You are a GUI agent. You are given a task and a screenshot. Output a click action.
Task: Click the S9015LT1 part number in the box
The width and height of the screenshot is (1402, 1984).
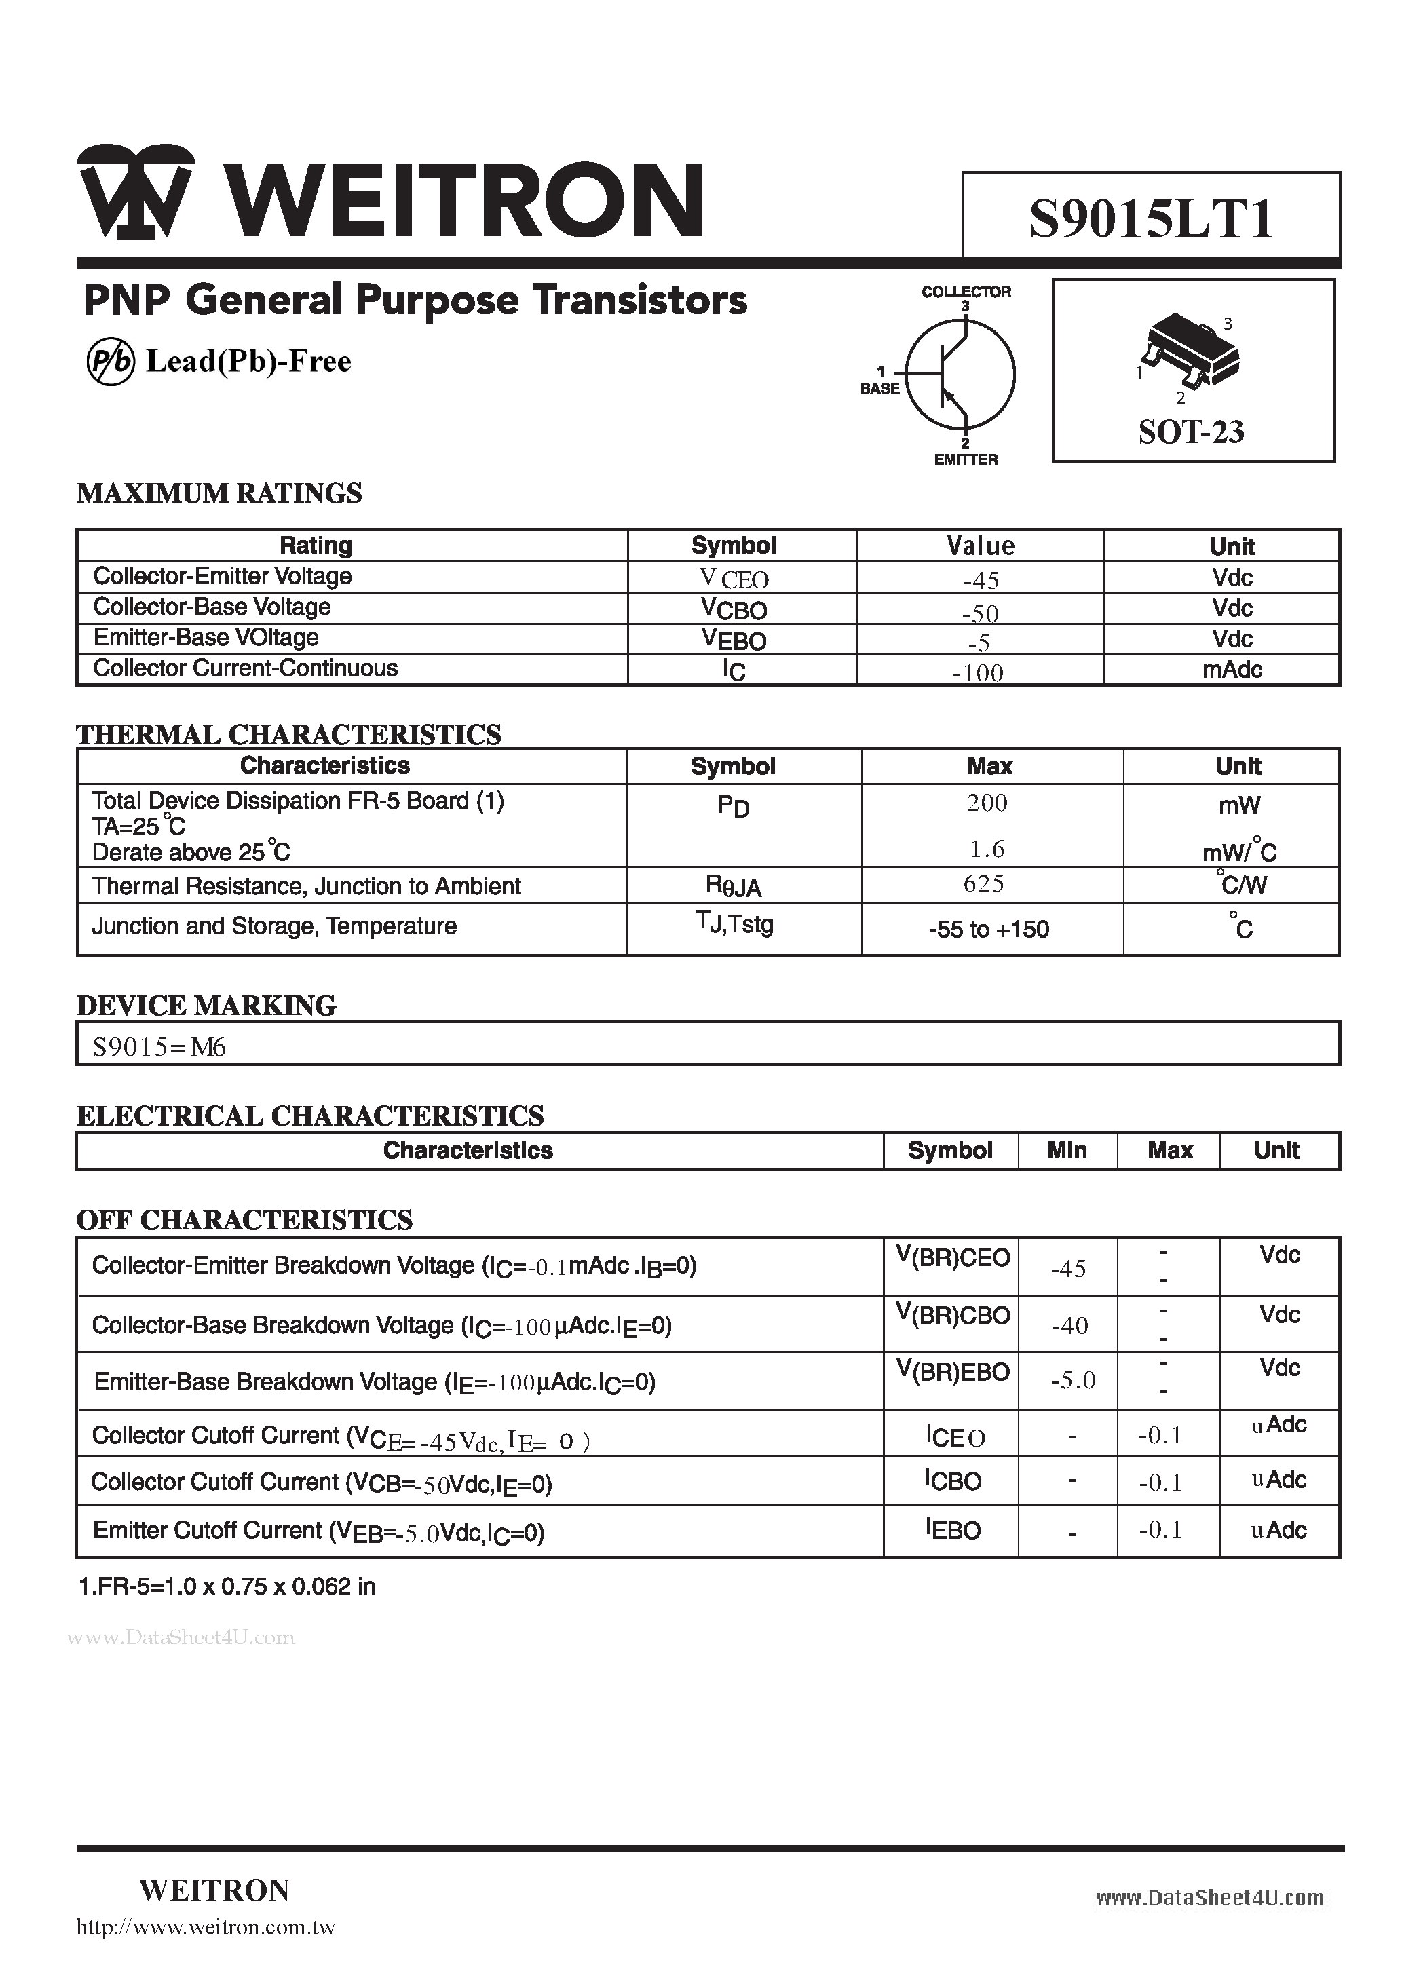click(1150, 218)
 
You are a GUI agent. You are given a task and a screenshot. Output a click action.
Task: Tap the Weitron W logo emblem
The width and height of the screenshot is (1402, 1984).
click(135, 192)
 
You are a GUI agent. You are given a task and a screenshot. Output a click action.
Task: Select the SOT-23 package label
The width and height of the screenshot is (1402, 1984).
click(1191, 431)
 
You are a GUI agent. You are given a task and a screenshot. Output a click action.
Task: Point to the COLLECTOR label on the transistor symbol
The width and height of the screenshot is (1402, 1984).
click(966, 292)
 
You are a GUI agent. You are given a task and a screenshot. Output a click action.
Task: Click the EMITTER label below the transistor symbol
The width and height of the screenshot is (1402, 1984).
click(966, 460)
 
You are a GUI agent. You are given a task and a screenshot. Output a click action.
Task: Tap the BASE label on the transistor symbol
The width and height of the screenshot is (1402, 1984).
click(880, 389)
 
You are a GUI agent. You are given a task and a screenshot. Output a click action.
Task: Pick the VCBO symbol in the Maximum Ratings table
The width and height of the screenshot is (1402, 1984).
click(734, 609)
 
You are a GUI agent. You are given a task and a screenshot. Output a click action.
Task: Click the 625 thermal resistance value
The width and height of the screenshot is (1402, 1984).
click(984, 883)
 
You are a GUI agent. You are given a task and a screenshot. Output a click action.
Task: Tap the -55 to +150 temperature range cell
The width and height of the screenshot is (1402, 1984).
click(989, 930)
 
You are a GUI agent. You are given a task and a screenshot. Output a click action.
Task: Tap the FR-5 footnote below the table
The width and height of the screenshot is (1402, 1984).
click(227, 1586)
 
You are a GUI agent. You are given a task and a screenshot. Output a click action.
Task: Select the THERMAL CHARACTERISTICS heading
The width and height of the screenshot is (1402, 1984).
click(288, 734)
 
